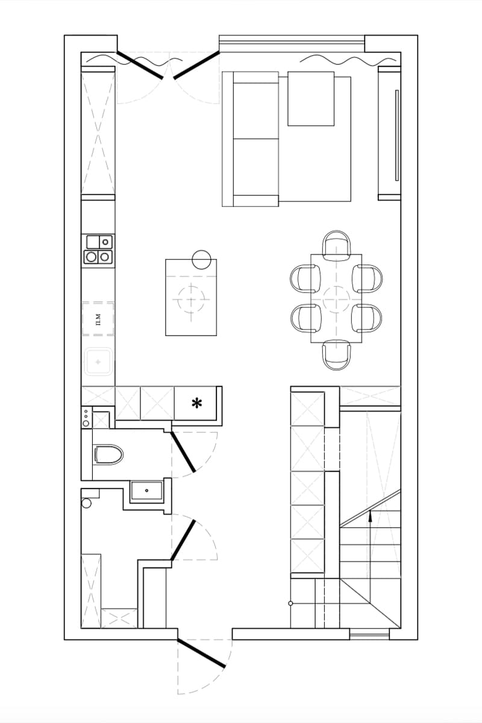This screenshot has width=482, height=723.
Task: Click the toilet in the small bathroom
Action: click(108, 455)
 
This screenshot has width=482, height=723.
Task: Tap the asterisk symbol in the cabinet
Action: click(196, 404)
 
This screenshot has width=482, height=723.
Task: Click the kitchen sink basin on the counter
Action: click(98, 361)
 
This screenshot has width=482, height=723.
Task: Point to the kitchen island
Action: click(191, 297)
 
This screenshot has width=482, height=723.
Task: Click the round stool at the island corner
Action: click(201, 260)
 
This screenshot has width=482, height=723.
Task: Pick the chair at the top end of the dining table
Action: click(336, 245)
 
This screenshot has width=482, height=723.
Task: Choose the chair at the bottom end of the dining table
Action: click(336, 355)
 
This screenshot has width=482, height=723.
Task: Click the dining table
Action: click(336, 298)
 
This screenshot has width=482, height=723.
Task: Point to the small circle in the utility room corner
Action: click(87, 502)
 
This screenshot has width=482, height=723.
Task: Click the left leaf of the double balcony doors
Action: click(140, 65)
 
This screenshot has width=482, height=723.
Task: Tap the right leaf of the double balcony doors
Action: click(196, 65)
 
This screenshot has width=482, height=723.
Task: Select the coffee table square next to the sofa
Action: click(310, 98)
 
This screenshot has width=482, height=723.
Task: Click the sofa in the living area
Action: click(251, 139)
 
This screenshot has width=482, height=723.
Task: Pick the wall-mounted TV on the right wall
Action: click(397, 135)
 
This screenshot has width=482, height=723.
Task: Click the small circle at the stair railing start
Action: click(290, 603)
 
